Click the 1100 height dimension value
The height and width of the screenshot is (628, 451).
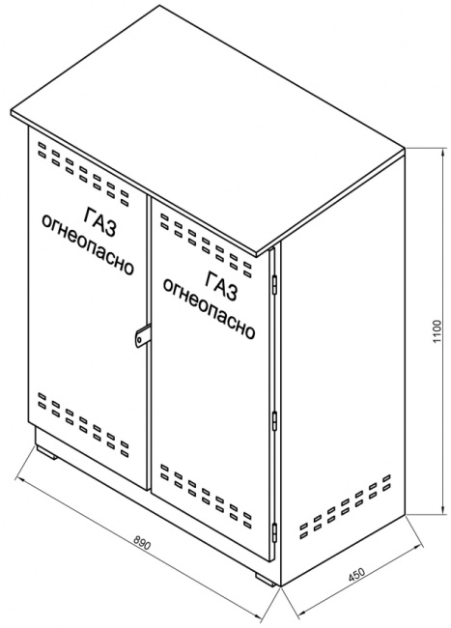click(x=437, y=330)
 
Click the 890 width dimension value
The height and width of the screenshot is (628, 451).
click(x=141, y=543)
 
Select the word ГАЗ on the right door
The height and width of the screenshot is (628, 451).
click(x=220, y=286)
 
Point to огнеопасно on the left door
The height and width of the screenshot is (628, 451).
click(x=87, y=244)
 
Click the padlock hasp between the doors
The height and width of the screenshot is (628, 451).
click(x=141, y=335)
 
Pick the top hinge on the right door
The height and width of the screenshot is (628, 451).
click(x=274, y=283)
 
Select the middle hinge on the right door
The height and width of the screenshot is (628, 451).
click(x=274, y=420)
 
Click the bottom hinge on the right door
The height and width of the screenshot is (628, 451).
click(x=274, y=532)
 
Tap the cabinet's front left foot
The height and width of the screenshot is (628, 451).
click(x=47, y=451)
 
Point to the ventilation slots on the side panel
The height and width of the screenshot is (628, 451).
click(x=345, y=505)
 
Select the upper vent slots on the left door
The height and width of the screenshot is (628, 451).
click(x=83, y=173)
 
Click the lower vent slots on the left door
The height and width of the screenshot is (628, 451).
click(x=83, y=425)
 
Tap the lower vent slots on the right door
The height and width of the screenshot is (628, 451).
click(x=206, y=496)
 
